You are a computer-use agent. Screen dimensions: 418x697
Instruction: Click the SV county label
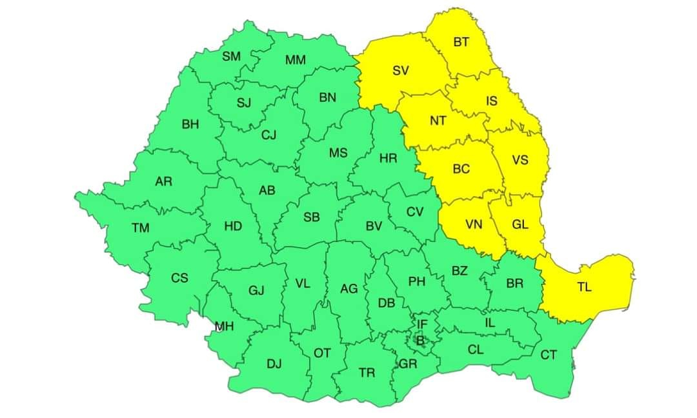pos(401,71)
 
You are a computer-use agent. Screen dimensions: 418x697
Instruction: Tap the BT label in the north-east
pos(461,43)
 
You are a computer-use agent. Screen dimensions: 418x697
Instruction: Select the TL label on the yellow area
pos(584,288)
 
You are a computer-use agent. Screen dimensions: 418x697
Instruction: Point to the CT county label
pos(548,355)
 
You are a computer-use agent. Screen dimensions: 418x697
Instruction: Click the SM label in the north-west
pos(231,57)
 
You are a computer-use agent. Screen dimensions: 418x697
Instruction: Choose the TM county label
pos(140,228)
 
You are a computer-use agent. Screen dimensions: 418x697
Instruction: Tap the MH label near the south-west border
pos(224,327)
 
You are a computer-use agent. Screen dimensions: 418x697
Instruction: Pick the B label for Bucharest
pos(420,340)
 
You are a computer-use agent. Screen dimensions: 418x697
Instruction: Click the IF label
pos(422,324)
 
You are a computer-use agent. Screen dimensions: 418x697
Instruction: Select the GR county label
pos(408,364)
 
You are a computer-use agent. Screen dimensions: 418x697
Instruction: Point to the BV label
pos(374,226)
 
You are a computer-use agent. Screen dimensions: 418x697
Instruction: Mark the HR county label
pos(389,158)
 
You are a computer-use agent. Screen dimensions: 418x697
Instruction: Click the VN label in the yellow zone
pos(474,225)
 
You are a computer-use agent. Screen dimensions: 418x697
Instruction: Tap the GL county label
pos(520,225)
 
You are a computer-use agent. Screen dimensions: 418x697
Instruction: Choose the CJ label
pos(268,135)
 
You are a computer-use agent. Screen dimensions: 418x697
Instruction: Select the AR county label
pos(163,182)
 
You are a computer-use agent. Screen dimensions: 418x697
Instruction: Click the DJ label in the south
pos(274,364)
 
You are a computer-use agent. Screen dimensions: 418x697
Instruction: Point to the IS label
pos(492,101)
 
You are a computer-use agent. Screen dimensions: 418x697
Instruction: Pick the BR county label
pos(514,283)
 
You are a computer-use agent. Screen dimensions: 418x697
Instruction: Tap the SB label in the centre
pos(312,218)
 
